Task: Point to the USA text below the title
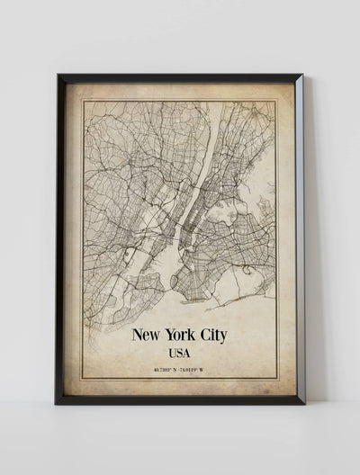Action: [180, 354]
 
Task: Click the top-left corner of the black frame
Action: [57, 75]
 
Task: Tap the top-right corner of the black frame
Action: [303, 75]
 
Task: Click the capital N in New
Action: [137, 336]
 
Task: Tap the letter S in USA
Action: [180, 354]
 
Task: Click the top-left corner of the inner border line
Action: [84, 101]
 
